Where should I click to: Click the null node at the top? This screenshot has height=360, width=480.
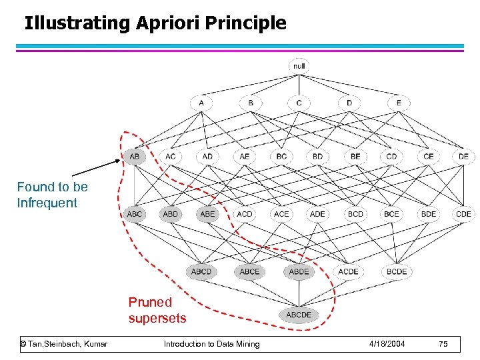[x=299, y=66]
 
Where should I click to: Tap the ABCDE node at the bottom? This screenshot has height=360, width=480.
[x=299, y=315]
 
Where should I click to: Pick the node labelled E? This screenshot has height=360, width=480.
[x=399, y=103]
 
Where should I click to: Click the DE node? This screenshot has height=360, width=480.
[x=463, y=157]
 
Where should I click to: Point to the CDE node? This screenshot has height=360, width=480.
[x=463, y=214]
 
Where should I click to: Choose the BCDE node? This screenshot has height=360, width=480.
[x=397, y=271]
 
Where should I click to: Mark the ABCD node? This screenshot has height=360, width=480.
[x=201, y=271]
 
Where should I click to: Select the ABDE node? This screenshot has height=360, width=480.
[x=299, y=271]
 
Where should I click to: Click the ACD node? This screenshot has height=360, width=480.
[x=245, y=214]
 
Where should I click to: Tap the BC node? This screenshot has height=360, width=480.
[x=281, y=157]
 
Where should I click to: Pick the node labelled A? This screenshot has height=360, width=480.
[x=201, y=103]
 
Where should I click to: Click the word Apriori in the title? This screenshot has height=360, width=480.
[x=169, y=24]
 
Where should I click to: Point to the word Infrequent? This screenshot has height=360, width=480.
[x=47, y=203]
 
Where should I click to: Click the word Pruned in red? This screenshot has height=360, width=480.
[x=150, y=303]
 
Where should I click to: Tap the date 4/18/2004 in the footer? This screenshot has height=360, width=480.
[x=387, y=344]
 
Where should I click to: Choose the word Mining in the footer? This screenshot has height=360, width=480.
[x=246, y=344]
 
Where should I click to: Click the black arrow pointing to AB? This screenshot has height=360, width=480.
[x=93, y=167]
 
